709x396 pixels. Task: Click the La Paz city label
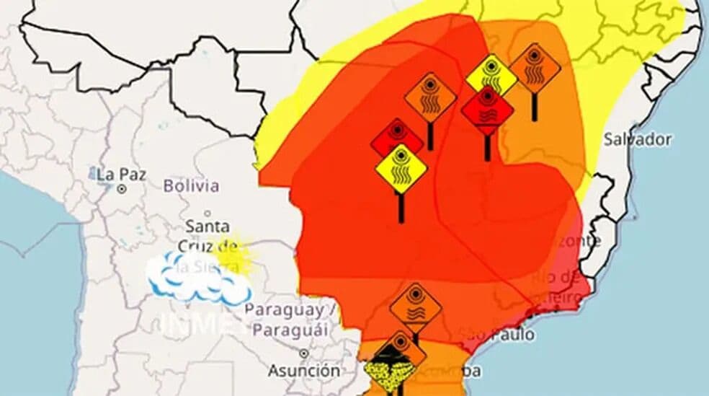[116, 174]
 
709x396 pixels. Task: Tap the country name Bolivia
[191, 185]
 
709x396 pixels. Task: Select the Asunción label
[304, 371]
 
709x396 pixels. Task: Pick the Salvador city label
[637, 139]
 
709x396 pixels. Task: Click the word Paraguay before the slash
[284, 310]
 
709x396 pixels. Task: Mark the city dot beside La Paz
[122, 189]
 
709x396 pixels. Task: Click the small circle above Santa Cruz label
[208, 214]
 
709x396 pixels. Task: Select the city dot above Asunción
[304, 353]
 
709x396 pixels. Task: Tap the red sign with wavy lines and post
[487, 110]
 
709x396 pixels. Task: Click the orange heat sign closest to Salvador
[535, 68]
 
